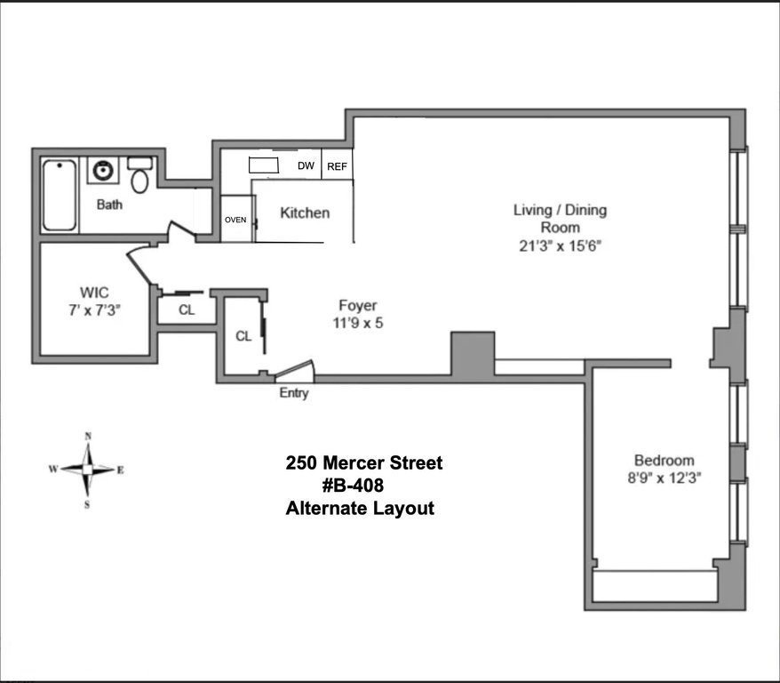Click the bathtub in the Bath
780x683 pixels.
pyautogui.click(x=60, y=195)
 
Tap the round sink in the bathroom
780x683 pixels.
pyautogui.click(x=103, y=170)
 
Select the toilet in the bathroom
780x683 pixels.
pyautogui.click(x=139, y=174)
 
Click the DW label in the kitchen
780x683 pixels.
pyautogui.click(x=306, y=165)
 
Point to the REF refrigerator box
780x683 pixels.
pyautogui.click(x=338, y=165)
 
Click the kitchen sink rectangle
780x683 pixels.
pyautogui.click(x=264, y=165)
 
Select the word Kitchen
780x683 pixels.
pyautogui.click(x=305, y=213)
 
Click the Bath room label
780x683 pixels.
pyautogui.click(x=109, y=205)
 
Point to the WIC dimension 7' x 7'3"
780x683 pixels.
pyautogui.click(x=94, y=310)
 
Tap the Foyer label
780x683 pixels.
pyautogui.click(x=358, y=305)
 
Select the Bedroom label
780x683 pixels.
pyautogui.click(x=665, y=461)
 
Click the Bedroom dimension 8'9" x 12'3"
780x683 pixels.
pyautogui.click(x=665, y=478)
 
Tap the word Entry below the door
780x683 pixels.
pyautogui.click(x=294, y=393)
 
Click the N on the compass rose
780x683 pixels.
pyautogui.click(x=88, y=436)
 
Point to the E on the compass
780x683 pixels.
pyautogui.click(x=121, y=470)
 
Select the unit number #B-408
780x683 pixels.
pyautogui.click(x=353, y=486)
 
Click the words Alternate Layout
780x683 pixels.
pyautogui.click(x=360, y=509)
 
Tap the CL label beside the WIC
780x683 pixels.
pyautogui.click(x=187, y=310)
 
